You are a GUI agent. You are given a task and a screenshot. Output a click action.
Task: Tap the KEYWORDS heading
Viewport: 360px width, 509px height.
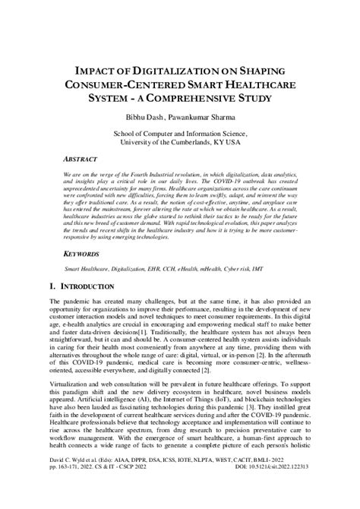coord(84,254)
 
